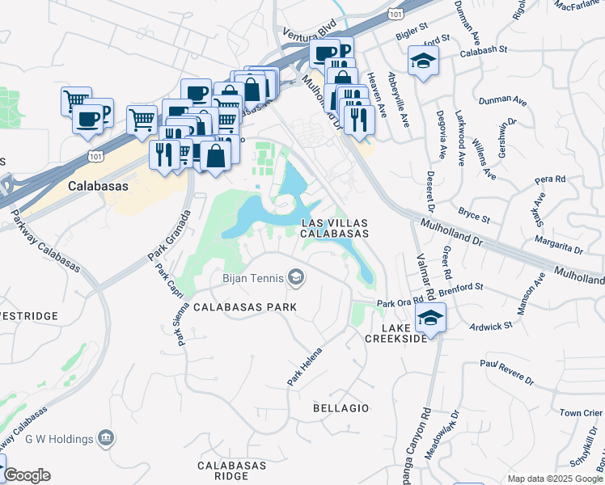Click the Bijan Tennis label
[x=252, y=279]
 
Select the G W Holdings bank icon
[x=105, y=438]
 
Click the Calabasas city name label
[x=99, y=185]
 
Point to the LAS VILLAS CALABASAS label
[x=335, y=227]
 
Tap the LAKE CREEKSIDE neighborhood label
[x=396, y=333]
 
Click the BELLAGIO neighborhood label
[x=341, y=409]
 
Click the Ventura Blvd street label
[x=309, y=34]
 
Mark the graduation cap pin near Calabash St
[x=422, y=61]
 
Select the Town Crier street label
[x=581, y=413]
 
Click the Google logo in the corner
[x=27, y=475]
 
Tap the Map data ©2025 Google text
[x=555, y=479]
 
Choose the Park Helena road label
[x=305, y=366]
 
